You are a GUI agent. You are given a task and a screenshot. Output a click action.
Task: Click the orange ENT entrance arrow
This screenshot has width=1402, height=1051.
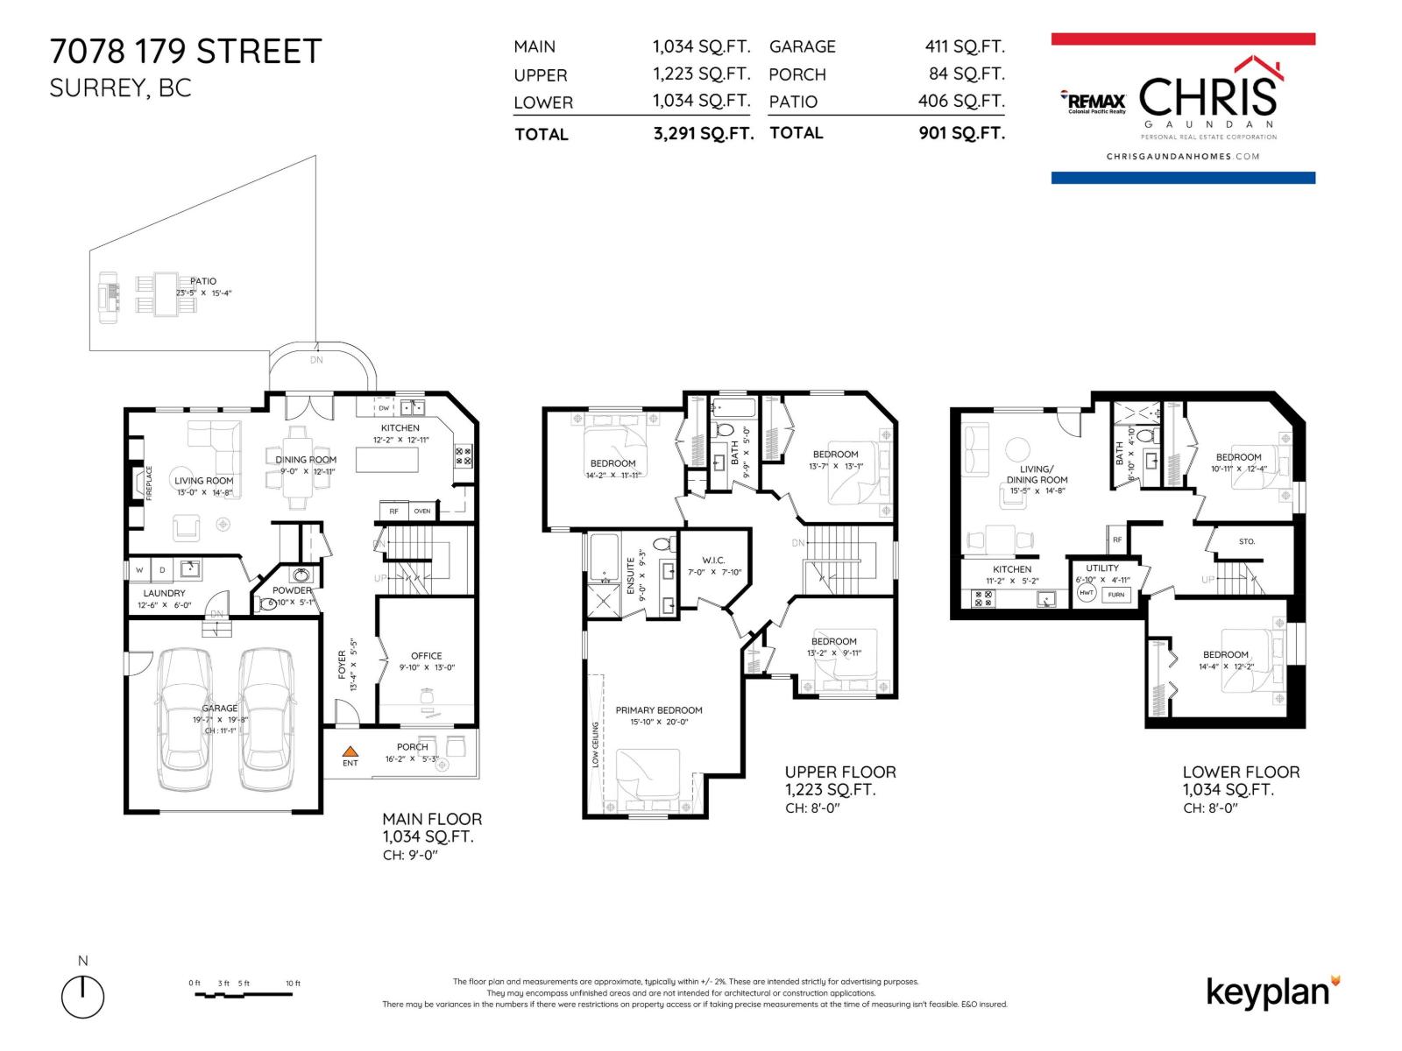point(350,751)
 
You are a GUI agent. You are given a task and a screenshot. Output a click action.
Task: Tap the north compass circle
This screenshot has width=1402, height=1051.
point(82,997)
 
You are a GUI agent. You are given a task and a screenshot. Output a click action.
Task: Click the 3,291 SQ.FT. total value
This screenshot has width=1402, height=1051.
point(703,134)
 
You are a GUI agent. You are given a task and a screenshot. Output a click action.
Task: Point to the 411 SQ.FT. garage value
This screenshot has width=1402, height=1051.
point(965,46)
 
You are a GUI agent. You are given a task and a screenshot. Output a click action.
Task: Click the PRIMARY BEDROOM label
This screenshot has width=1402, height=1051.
point(659,710)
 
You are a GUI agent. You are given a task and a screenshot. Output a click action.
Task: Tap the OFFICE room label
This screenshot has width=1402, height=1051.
point(427,655)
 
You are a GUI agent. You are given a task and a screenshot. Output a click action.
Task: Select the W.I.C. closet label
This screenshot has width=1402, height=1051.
point(713,560)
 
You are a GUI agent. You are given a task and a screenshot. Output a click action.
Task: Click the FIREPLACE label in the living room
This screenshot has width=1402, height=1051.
point(149,483)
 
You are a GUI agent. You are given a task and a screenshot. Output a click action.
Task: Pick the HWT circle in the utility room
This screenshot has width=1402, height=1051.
point(1087,593)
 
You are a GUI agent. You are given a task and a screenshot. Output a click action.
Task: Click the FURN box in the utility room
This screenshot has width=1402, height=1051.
point(1115,594)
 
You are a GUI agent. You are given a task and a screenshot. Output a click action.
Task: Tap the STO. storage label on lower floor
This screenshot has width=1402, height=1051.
point(1247,541)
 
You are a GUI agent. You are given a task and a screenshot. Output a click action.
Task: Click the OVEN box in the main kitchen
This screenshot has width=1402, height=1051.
point(422,511)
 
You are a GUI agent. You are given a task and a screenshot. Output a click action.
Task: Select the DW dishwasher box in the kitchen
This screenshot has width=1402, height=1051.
point(384,408)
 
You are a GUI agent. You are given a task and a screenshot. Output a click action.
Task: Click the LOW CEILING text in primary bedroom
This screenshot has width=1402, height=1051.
point(595,744)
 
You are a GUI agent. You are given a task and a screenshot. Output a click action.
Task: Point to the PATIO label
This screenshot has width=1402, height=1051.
point(202,281)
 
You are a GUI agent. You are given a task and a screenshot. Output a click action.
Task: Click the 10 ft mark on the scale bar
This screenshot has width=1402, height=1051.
point(293,984)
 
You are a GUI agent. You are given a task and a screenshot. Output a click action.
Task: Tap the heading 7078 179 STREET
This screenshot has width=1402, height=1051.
point(186,52)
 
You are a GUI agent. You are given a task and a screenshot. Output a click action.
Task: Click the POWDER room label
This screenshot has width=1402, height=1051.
point(292,590)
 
